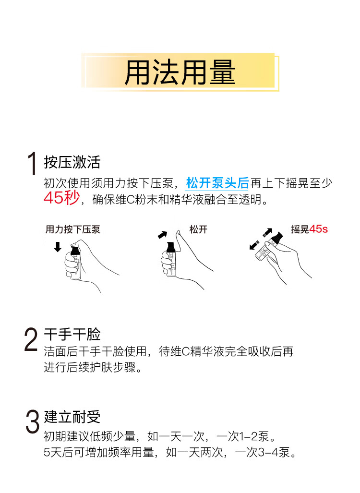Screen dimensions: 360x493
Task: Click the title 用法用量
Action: click(180, 72)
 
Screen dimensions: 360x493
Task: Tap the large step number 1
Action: click(32, 164)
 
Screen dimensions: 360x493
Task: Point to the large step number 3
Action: click(32, 421)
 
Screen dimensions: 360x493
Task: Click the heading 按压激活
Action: click(72, 162)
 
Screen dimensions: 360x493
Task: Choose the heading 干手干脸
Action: click(72, 334)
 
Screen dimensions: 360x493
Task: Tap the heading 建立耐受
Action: click(72, 417)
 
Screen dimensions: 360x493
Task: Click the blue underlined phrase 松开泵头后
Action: click(217, 183)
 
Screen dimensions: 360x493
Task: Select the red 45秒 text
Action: click(61, 198)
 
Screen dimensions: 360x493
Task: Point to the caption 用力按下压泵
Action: click(73, 229)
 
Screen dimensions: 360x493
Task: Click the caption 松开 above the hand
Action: click(198, 229)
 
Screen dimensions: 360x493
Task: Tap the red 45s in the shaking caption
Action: click(319, 229)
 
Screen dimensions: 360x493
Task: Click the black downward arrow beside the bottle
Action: click(58, 247)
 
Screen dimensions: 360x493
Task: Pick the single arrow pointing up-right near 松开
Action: click(163, 235)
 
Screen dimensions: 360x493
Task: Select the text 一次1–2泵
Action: click(243, 436)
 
